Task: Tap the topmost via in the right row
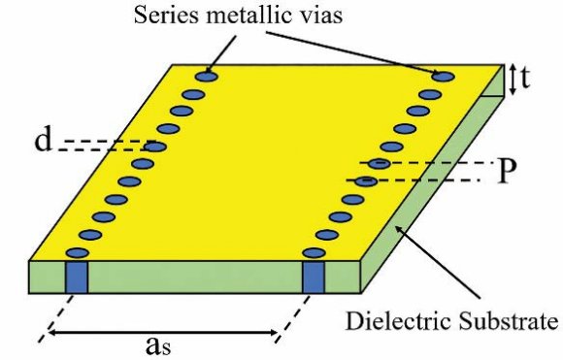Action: pos(445,76)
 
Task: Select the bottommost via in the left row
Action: pos(76,253)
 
